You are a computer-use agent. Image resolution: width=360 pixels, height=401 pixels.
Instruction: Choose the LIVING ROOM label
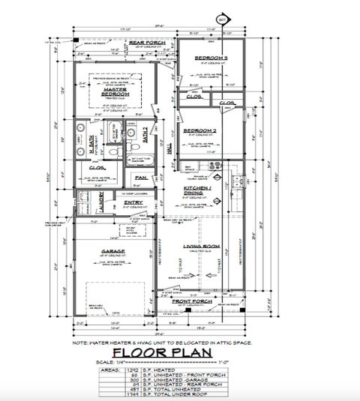[200, 246]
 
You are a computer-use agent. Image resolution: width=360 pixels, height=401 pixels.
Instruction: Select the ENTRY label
[133, 202]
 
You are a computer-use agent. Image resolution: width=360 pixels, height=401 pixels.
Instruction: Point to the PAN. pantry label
[139, 177]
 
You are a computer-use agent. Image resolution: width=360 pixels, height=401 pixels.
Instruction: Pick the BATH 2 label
[145, 136]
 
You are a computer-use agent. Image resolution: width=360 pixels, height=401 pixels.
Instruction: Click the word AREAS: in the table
[110, 371]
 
